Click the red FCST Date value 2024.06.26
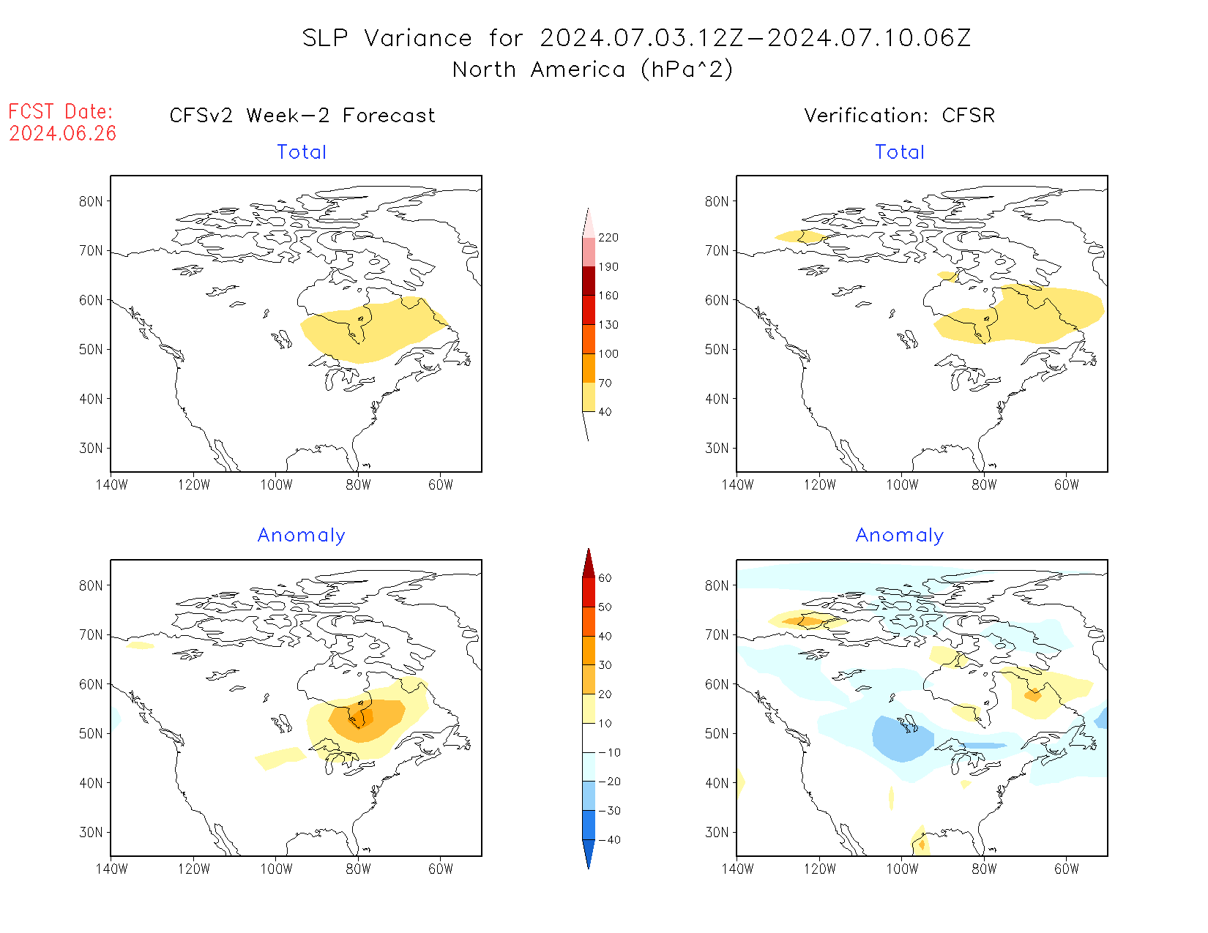(x=63, y=134)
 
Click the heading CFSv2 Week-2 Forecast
(x=302, y=116)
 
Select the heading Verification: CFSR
(x=899, y=116)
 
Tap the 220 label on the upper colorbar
(x=608, y=238)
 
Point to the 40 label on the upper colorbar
(x=605, y=412)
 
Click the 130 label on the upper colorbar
(x=608, y=325)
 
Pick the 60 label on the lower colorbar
(x=605, y=578)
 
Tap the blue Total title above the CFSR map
(x=899, y=152)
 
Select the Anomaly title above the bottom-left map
(x=301, y=536)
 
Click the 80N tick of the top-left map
(x=91, y=202)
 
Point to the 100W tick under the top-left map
(x=276, y=485)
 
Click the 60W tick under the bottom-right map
(x=1066, y=869)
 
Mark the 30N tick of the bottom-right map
(x=717, y=833)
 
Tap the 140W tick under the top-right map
(x=737, y=485)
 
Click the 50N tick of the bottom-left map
(x=91, y=734)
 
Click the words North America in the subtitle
(x=539, y=70)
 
